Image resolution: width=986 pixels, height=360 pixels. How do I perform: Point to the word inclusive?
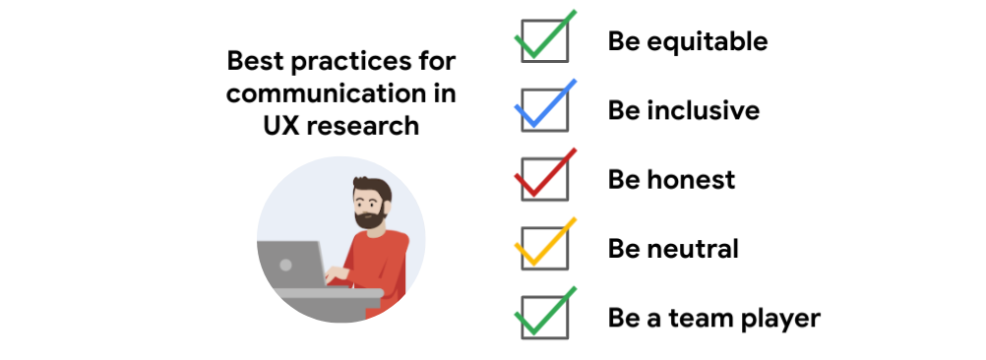point(703,110)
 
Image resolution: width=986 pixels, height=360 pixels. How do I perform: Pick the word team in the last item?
point(699,319)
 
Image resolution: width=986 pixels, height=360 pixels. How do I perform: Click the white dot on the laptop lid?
point(286,265)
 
